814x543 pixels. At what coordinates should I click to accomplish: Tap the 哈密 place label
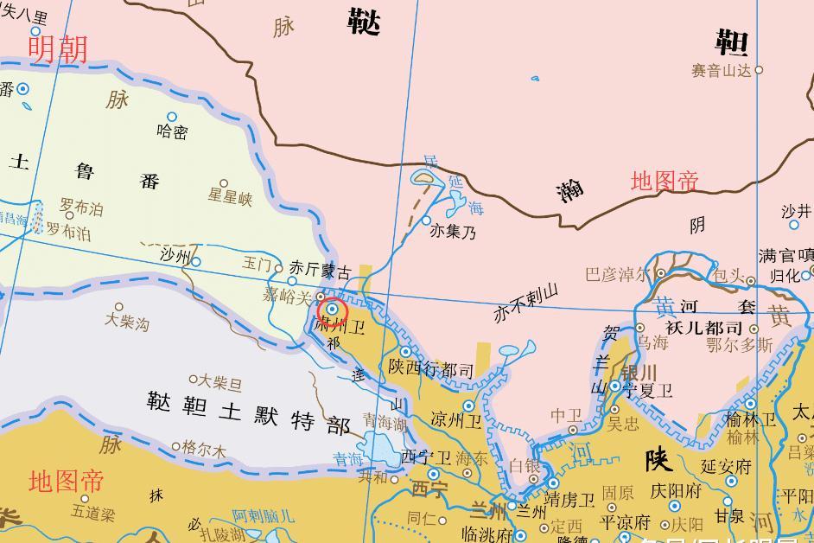coord(172,132)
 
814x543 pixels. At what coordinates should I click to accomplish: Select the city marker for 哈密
coord(172,117)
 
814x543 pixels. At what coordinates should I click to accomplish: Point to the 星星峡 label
coord(230,198)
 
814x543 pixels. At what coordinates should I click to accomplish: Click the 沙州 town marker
coord(196,262)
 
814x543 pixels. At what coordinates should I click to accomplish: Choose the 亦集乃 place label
coord(453,233)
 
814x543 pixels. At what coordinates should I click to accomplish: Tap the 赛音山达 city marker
coord(760,70)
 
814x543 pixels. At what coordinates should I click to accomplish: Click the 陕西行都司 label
coord(431,371)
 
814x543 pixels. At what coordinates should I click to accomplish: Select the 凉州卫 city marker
coord(468,406)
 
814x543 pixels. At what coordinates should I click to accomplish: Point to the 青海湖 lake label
coord(384,424)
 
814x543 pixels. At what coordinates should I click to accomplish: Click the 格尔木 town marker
coord(176,447)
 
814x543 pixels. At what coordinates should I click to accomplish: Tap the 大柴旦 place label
coord(220,381)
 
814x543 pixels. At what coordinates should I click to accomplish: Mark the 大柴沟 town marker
coord(119,307)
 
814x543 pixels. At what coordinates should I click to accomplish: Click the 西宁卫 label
coord(426,457)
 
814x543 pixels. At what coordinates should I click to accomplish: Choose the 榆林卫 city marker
coord(750,404)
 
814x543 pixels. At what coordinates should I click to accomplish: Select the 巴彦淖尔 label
coord(617,275)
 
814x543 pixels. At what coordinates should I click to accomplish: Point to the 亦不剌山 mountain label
coord(526,303)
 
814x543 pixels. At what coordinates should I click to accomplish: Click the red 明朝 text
coord(58,48)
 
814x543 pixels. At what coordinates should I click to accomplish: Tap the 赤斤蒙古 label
coord(320,270)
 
